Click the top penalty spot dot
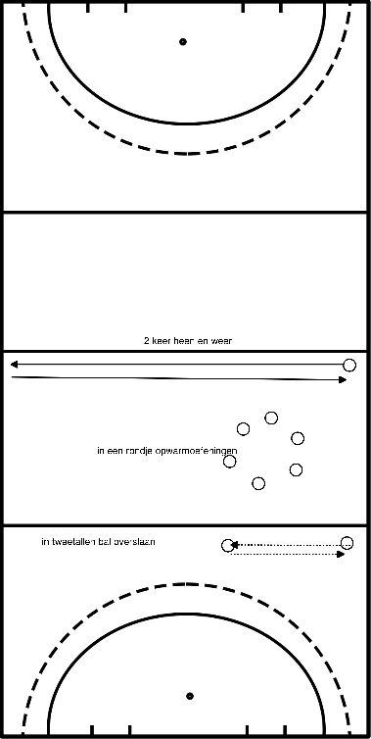pos(182,42)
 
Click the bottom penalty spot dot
pos(189,697)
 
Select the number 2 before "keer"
pos(145,341)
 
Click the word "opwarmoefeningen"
pos(196,451)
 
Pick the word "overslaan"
pos(139,541)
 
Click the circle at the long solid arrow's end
pos(349,366)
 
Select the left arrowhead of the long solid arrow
pos(14,366)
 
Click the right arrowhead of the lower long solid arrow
pos(343,379)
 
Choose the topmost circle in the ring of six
pos(271,419)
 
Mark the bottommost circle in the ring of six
pos(258,483)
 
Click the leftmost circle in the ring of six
pos(230,461)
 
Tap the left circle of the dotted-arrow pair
pos(228,545)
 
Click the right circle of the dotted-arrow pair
pos(347,542)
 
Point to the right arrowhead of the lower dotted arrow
pos(342,555)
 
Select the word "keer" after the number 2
pos(161,341)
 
